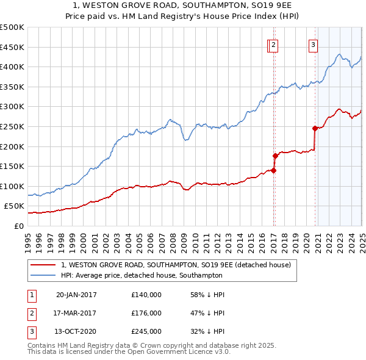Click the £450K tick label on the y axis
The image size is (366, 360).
click(x=12, y=47)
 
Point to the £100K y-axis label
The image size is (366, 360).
click(x=12, y=186)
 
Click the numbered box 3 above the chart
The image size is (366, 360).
click(x=313, y=44)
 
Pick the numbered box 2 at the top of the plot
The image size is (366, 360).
click(x=273, y=44)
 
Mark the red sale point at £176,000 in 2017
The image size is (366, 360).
click(x=275, y=156)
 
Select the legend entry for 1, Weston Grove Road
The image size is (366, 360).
click(x=176, y=265)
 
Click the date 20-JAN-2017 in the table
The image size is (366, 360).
click(x=76, y=295)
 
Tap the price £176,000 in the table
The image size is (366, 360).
click(x=146, y=313)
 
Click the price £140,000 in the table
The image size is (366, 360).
click(x=146, y=295)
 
